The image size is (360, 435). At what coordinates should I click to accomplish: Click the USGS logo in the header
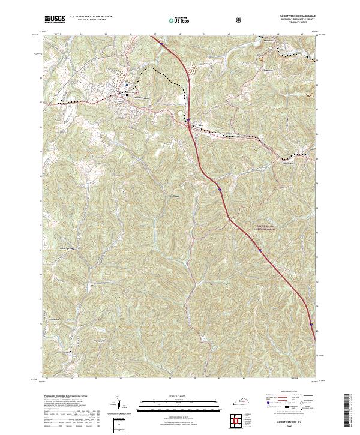tap(55, 19)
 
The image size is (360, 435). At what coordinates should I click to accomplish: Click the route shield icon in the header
tap(240, 19)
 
